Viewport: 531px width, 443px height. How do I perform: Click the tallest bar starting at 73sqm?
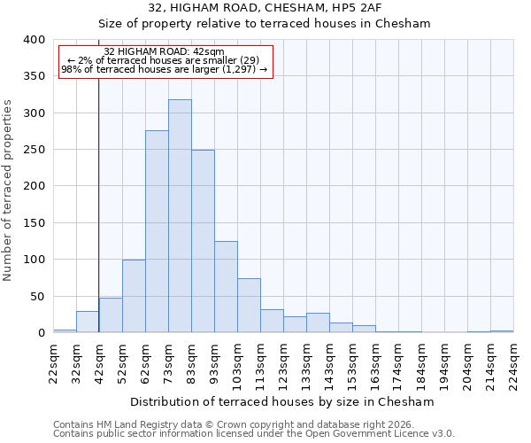(x=180, y=216)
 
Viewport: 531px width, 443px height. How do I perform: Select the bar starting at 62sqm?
(x=157, y=232)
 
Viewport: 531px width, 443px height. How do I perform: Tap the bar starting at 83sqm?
(x=203, y=241)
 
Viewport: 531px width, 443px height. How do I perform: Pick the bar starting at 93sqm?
(x=226, y=287)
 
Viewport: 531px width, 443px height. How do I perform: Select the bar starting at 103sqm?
(x=249, y=306)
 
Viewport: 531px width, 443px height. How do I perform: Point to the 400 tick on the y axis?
(x=34, y=40)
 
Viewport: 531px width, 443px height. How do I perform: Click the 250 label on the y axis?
(x=34, y=150)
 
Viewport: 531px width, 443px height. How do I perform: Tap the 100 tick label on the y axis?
(x=34, y=260)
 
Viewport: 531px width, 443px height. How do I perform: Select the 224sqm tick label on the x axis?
(x=513, y=364)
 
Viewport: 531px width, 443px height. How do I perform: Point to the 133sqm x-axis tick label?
(x=306, y=364)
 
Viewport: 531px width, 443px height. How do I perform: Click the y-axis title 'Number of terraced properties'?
(x=9, y=190)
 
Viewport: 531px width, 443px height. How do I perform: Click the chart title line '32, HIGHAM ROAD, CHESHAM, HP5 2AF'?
(x=264, y=8)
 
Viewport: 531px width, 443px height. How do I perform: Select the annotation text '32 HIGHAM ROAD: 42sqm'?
(x=164, y=52)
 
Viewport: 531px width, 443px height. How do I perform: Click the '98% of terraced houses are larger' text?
(x=164, y=69)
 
